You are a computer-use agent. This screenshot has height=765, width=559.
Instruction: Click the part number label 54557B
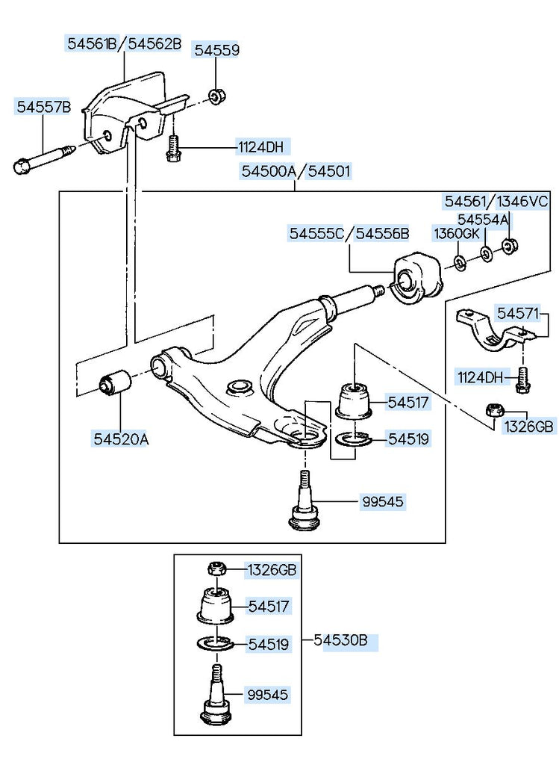click(x=44, y=106)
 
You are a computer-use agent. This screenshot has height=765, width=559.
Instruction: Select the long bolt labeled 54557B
click(x=43, y=158)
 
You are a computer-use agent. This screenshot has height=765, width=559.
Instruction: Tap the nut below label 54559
click(x=216, y=96)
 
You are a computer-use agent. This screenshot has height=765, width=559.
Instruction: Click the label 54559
click(x=217, y=50)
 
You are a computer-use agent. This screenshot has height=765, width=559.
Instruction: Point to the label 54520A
click(x=121, y=439)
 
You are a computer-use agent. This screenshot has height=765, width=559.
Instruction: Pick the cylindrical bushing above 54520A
click(x=115, y=383)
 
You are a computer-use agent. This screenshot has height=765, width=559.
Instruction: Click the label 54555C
click(x=316, y=233)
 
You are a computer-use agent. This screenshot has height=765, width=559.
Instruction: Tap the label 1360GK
click(x=457, y=234)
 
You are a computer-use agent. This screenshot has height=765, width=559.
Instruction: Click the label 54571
click(x=517, y=313)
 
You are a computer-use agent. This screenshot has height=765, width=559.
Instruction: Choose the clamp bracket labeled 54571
click(x=493, y=329)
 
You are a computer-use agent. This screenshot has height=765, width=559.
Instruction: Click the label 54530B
click(x=345, y=639)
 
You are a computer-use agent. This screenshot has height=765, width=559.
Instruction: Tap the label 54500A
click(x=269, y=171)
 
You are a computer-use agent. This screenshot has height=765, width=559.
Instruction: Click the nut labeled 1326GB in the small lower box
click(x=216, y=569)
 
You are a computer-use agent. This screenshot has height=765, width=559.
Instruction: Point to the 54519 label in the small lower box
click(x=269, y=644)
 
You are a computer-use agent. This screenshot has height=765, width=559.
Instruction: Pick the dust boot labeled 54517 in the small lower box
click(x=215, y=606)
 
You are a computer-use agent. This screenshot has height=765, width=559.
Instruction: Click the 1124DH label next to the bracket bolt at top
click(x=260, y=147)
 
